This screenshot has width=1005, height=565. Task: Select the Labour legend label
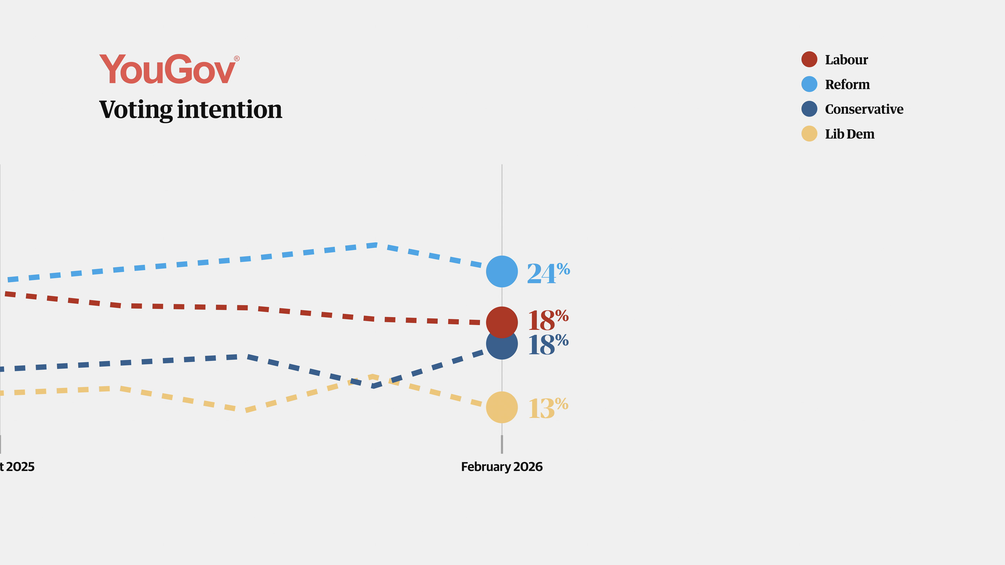click(846, 60)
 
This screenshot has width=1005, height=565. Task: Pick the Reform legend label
click(847, 84)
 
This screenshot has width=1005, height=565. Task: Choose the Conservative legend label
click(864, 109)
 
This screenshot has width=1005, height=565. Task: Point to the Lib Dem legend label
click(850, 134)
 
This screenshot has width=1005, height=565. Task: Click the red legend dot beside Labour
click(809, 59)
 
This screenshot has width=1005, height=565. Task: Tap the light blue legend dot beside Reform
click(809, 84)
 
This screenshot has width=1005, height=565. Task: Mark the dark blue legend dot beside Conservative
click(809, 109)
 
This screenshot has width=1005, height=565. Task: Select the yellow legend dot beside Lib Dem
click(809, 134)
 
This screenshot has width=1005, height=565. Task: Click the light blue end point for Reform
click(502, 271)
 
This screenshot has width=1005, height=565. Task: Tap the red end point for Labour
click(502, 322)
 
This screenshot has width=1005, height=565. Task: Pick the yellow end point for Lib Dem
click(502, 407)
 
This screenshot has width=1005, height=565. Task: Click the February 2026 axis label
click(502, 466)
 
